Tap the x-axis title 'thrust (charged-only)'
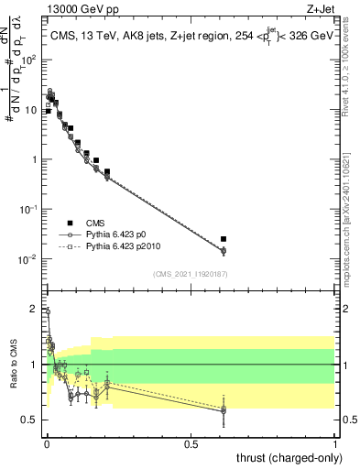click(284, 456)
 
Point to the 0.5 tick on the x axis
click(191, 445)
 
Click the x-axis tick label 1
click(335, 445)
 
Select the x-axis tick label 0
click(47, 445)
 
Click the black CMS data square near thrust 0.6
click(224, 239)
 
